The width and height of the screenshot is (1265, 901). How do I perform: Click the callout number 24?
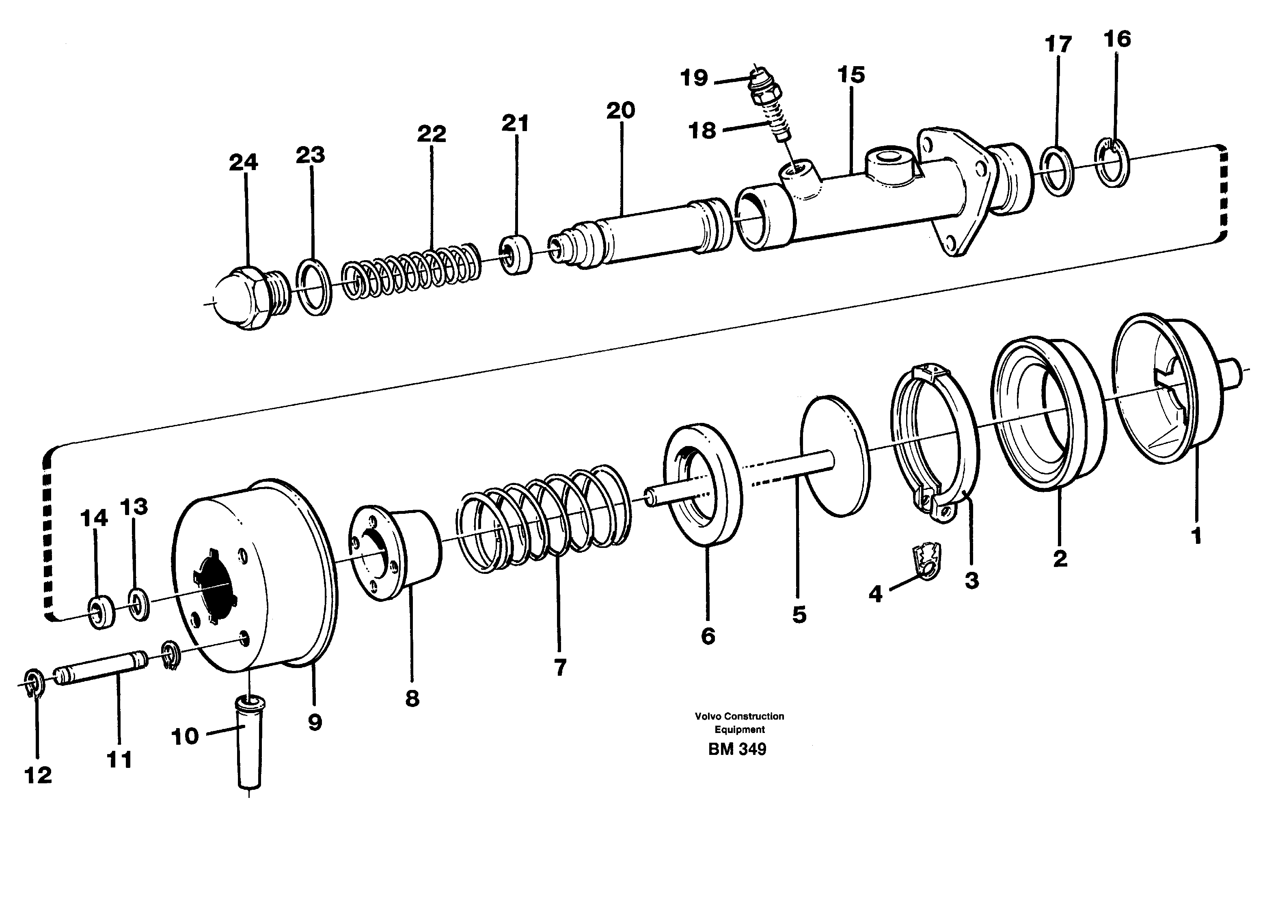tap(244, 163)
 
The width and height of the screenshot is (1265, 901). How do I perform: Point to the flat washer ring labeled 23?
tap(314, 286)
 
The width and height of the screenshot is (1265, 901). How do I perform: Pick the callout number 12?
tap(38, 775)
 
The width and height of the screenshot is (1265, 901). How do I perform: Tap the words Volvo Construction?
tap(739, 716)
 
